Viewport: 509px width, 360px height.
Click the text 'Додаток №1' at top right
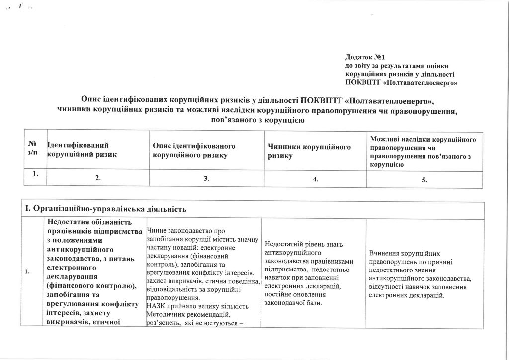[x=365, y=58]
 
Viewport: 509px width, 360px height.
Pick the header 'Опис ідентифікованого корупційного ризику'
[x=194, y=150]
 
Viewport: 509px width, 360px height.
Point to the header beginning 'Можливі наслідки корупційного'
[x=424, y=140]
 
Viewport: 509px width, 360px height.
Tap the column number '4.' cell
[x=316, y=180]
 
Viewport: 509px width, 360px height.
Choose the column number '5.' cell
[x=424, y=180]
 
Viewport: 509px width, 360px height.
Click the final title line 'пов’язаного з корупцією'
[x=254, y=120]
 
